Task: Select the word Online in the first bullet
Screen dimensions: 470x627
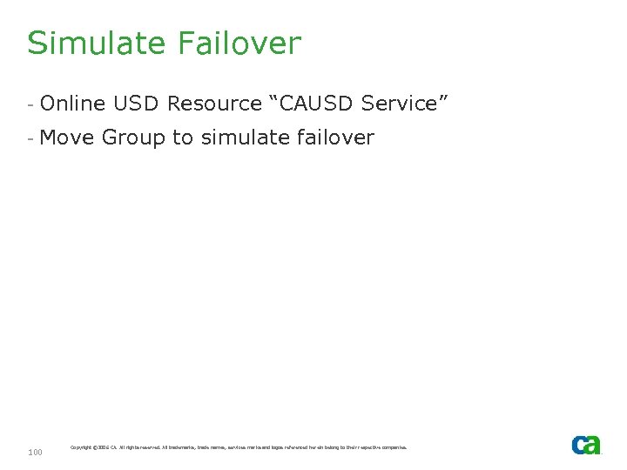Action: [x=72, y=104]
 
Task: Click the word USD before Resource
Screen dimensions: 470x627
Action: [x=137, y=104]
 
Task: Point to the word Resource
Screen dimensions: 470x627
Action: [x=214, y=104]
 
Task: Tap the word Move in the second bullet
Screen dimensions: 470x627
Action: [x=68, y=138]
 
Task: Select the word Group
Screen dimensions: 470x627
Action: [x=132, y=138]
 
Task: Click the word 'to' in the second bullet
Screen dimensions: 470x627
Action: [x=183, y=138]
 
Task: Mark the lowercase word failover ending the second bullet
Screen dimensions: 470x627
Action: [x=334, y=138]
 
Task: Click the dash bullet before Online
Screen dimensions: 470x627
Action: [x=30, y=104]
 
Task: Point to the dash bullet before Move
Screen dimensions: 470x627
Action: [x=30, y=138]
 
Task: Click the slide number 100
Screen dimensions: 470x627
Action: [x=36, y=452]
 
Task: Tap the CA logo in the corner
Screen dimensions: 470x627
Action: [x=586, y=445]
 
